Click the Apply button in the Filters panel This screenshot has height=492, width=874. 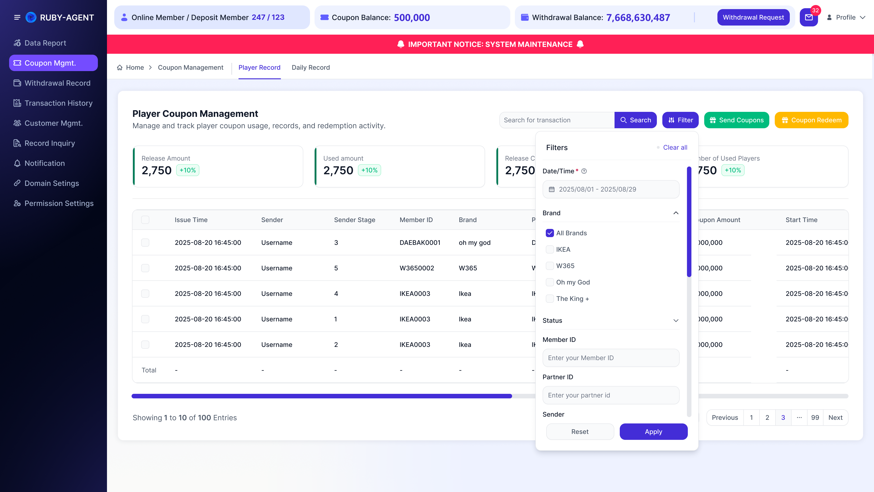653,432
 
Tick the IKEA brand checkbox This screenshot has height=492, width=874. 550,250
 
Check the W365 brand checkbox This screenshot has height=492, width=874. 550,266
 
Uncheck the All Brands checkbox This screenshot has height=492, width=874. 550,233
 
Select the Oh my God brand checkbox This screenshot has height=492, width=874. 550,282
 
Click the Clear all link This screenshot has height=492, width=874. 675,147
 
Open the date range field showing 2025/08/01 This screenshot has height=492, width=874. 611,189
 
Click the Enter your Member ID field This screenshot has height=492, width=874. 611,358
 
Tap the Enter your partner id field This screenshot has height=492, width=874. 611,395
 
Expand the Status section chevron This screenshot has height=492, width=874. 676,320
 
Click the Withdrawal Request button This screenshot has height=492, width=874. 753,17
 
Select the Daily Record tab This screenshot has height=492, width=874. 310,68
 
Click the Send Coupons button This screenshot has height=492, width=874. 737,120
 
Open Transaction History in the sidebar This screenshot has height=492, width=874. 58,103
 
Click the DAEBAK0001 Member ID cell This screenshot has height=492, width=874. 420,242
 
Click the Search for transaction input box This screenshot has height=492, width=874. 557,120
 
